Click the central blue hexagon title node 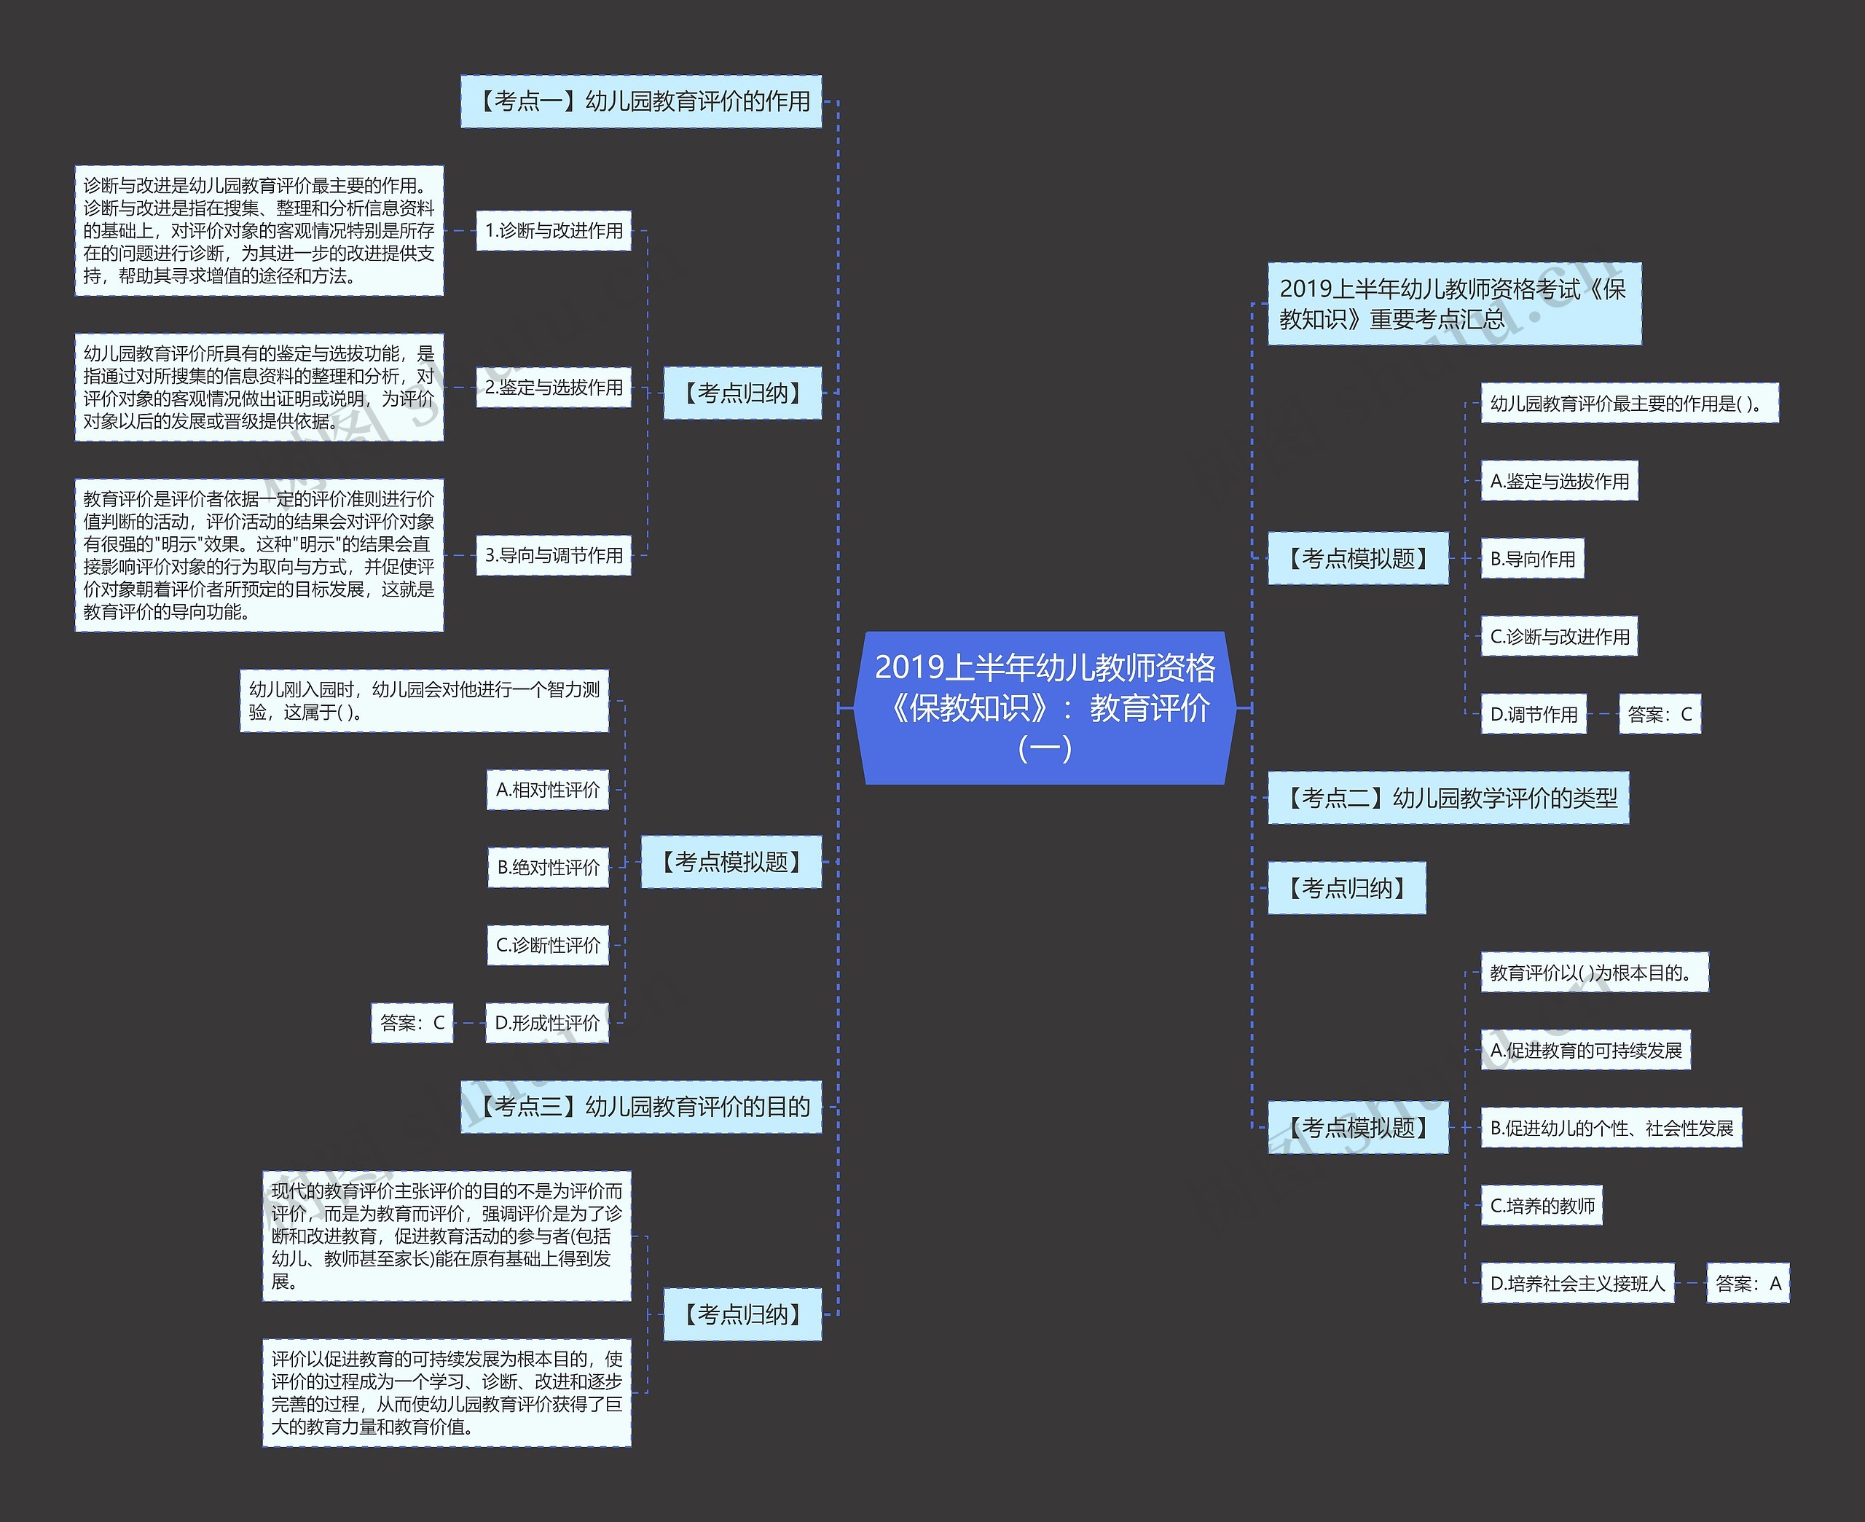click(x=1045, y=707)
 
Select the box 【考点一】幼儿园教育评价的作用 click(x=640, y=102)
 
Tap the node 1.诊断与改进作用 click(x=554, y=230)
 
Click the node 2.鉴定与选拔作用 click(x=554, y=388)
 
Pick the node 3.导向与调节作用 click(x=554, y=555)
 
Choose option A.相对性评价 click(x=548, y=790)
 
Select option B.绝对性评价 click(x=548, y=867)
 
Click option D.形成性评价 click(x=547, y=1023)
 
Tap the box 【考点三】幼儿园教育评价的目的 click(x=640, y=1107)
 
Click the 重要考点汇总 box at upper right click(x=1455, y=303)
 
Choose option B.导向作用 click(x=1533, y=559)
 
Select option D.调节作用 click(x=1534, y=715)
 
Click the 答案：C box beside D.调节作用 click(x=1660, y=715)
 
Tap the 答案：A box click(x=1748, y=1284)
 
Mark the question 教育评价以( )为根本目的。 click(x=1595, y=973)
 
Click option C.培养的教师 click(x=1542, y=1207)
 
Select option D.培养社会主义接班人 click(x=1577, y=1284)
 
